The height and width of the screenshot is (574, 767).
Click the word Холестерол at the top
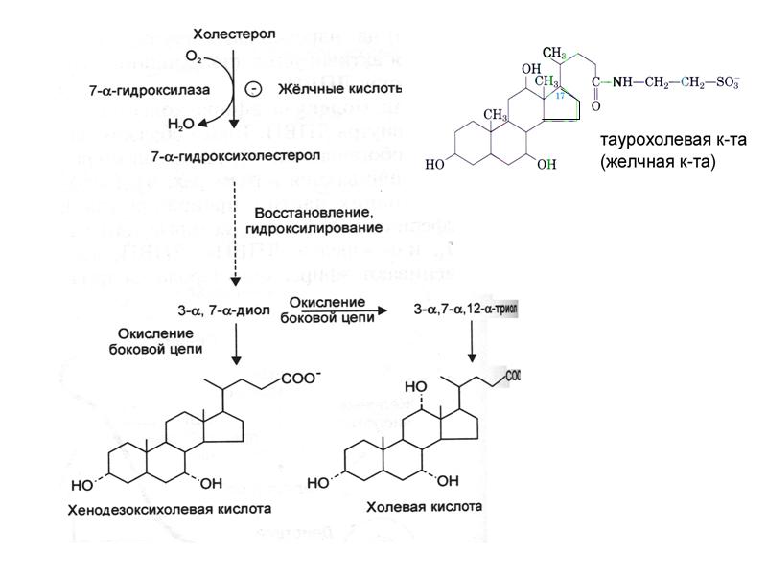point(234,34)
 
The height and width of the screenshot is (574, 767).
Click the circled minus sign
point(254,90)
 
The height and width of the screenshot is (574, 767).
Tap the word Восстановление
point(314,212)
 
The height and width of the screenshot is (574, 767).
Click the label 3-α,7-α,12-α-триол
point(464,310)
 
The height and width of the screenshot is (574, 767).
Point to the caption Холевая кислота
point(424,505)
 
